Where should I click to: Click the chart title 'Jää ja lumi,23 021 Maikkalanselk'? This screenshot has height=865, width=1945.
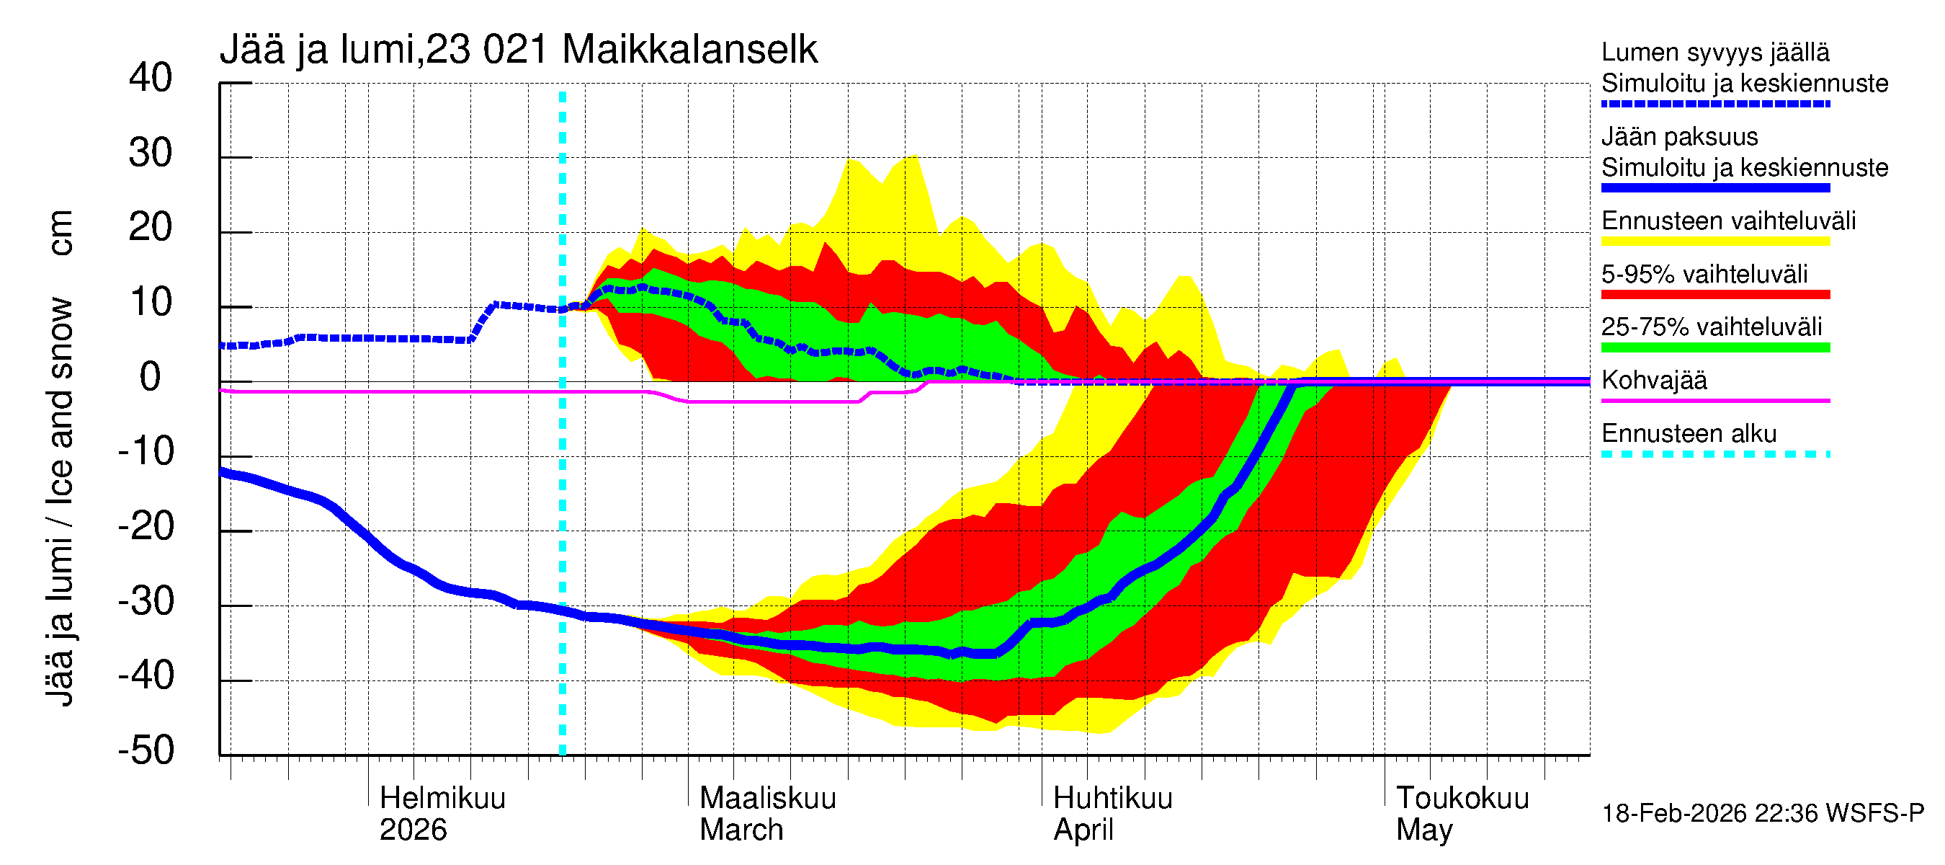pos(518,50)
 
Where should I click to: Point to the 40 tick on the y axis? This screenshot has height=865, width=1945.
pos(151,78)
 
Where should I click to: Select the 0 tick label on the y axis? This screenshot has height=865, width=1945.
pos(151,377)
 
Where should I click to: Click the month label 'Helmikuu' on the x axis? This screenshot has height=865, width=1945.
pos(442,799)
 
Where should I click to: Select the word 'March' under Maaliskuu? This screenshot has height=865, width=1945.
pos(741,830)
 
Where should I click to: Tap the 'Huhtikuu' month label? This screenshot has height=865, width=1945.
pos(1112,799)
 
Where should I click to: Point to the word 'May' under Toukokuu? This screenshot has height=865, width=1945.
pos(1423,830)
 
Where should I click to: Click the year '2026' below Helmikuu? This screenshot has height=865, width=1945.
pos(412,830)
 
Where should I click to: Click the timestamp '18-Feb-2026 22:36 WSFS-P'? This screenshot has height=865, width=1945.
pos(1762,814)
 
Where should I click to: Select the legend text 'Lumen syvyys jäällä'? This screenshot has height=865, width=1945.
pos(1714,52)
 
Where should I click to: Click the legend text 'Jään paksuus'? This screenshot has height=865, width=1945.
pos(1679,137)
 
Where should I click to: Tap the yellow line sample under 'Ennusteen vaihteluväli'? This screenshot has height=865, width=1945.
pos(1714,241)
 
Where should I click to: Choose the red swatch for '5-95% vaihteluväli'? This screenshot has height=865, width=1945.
pos(1714,295)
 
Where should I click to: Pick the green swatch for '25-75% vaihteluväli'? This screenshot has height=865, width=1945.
pos(1714,347)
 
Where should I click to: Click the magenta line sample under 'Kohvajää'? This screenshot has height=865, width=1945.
pos(1714,400)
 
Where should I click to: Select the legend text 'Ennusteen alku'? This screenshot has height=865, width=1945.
pos(1689,434)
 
